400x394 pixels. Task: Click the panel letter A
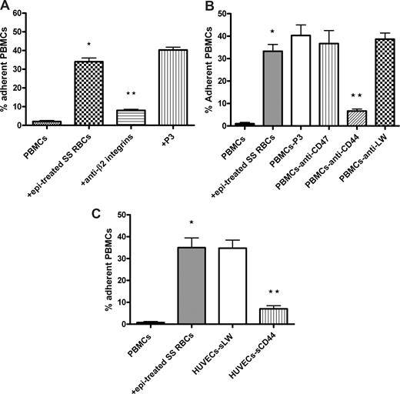point(6,7)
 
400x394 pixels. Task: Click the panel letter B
point(206,7)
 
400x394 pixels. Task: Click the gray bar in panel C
point(199,286)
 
